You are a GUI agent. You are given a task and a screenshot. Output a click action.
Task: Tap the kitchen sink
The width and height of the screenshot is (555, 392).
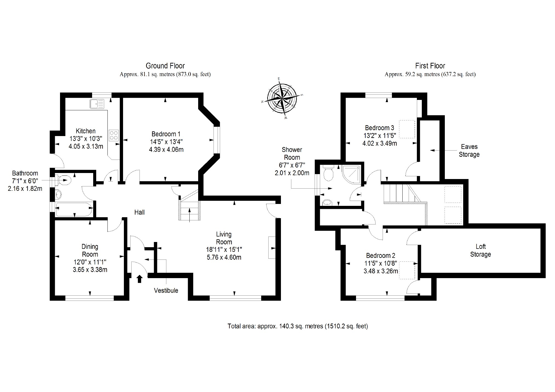(x=97, y=104)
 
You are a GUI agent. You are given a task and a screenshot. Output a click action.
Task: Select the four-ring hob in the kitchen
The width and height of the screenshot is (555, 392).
(x=114, y=135)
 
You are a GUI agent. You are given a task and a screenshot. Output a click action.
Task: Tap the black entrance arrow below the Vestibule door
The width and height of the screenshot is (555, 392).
(x=140, y=279)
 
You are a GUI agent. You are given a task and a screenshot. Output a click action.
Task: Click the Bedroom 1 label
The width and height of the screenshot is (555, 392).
(x=166, y=134)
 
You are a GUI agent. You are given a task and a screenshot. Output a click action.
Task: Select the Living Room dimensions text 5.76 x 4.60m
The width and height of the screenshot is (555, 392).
(x=224, y=257)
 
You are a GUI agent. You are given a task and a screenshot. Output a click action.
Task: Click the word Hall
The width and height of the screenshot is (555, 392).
(x=139, y=212)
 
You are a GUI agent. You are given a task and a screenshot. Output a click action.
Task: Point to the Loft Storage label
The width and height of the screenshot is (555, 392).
(x=480, y=250)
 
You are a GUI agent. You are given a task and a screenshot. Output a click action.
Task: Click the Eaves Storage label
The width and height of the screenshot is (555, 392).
(x=469, y=151)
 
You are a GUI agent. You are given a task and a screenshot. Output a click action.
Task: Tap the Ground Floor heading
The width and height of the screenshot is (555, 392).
(x=165, y=66)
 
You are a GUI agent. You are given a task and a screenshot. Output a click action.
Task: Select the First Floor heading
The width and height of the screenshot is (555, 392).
(x=430, y=66)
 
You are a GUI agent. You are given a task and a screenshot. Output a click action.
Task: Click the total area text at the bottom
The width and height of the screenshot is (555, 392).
(x=298, y=326)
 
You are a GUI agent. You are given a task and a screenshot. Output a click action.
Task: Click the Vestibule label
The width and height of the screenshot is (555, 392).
(x=166, y=290)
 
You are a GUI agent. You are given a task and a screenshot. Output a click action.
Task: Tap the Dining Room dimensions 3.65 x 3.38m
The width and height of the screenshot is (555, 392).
(x=90, y=270)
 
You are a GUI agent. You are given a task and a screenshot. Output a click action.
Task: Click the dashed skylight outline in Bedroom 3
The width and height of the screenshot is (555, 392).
(x=407, y=129)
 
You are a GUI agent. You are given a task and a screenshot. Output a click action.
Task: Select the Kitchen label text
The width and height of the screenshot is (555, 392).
(x=86, y=131)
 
